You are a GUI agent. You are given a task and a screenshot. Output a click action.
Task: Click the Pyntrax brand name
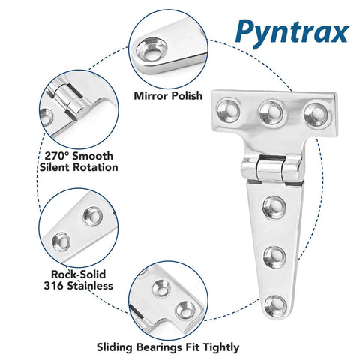point(292,32)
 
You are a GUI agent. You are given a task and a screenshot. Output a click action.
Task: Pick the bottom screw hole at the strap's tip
point(277,303)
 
